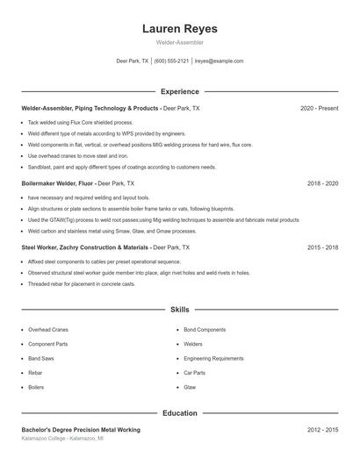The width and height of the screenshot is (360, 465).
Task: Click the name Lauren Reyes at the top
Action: (x=180, y=29)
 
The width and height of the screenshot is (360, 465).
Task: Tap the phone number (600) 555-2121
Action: (x=172, y=61)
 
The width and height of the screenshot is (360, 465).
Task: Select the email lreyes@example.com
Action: (x=219, y=61)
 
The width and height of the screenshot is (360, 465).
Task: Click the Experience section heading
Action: (x=180, y=91)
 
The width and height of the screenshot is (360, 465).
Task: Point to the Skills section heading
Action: (x=180, y=310)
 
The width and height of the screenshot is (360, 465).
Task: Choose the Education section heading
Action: (x=180, y=412)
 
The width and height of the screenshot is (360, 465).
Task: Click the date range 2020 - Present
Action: (x=319, y=108)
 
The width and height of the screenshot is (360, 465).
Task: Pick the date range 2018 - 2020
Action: (x=322, y=184)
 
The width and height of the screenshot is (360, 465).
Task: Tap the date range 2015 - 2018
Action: (x=322, y=248)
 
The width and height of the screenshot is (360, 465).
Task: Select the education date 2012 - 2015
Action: (x=322, y=430)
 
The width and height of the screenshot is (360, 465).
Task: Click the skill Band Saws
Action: (x=41, y=358)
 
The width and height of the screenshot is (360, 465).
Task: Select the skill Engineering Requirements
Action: (x=213, y=358)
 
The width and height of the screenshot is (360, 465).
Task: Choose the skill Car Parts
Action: (x=194, y=372)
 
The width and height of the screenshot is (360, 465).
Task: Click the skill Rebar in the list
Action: (x=35, y=372)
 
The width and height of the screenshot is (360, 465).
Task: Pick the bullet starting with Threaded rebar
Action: (x=82, y=284)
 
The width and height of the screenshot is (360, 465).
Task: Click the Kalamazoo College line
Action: (x=62, y=438)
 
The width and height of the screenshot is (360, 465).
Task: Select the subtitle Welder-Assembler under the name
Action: (x=180, y=43)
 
